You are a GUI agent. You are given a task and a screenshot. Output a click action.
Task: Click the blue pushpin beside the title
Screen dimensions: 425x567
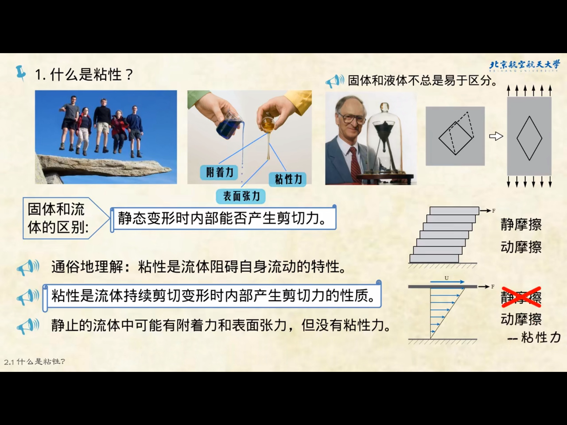pyautogui.click(x=21, y=73)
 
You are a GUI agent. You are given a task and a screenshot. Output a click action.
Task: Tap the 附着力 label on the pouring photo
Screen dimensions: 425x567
pyautogui.click(x=220, y=172)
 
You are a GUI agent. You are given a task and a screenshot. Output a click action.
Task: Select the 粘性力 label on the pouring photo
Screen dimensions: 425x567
pyautogui.click(x=288, y=179)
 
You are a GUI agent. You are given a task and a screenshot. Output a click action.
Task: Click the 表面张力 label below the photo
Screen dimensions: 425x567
pyautogui.click(x=241, y=196)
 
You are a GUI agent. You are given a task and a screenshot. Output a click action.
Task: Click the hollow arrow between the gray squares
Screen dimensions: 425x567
pyautogui.click(x=496, y=136)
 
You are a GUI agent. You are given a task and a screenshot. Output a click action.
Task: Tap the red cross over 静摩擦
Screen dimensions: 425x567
pyautogui.click(x=521, y=297)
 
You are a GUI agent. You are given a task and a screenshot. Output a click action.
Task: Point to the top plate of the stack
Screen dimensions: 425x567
pyautogui.click(x=454, y=211)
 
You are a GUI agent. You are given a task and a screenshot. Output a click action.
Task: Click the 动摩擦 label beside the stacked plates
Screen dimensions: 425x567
pyautogui.click(x=521, y=247)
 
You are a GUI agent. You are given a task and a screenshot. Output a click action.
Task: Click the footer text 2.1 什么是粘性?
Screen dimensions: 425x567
pyautogui.click(x=35, y=362)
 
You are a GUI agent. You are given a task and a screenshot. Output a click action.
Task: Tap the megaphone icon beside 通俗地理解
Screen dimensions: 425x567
pyautogui.click(x=27, y=267)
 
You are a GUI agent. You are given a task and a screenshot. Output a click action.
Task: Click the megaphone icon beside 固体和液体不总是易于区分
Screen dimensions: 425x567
pyautogui.click(x=334, y=81)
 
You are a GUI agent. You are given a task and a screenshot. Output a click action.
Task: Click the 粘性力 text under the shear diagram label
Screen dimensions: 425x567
pyautogui.click(x=540, y=337)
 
